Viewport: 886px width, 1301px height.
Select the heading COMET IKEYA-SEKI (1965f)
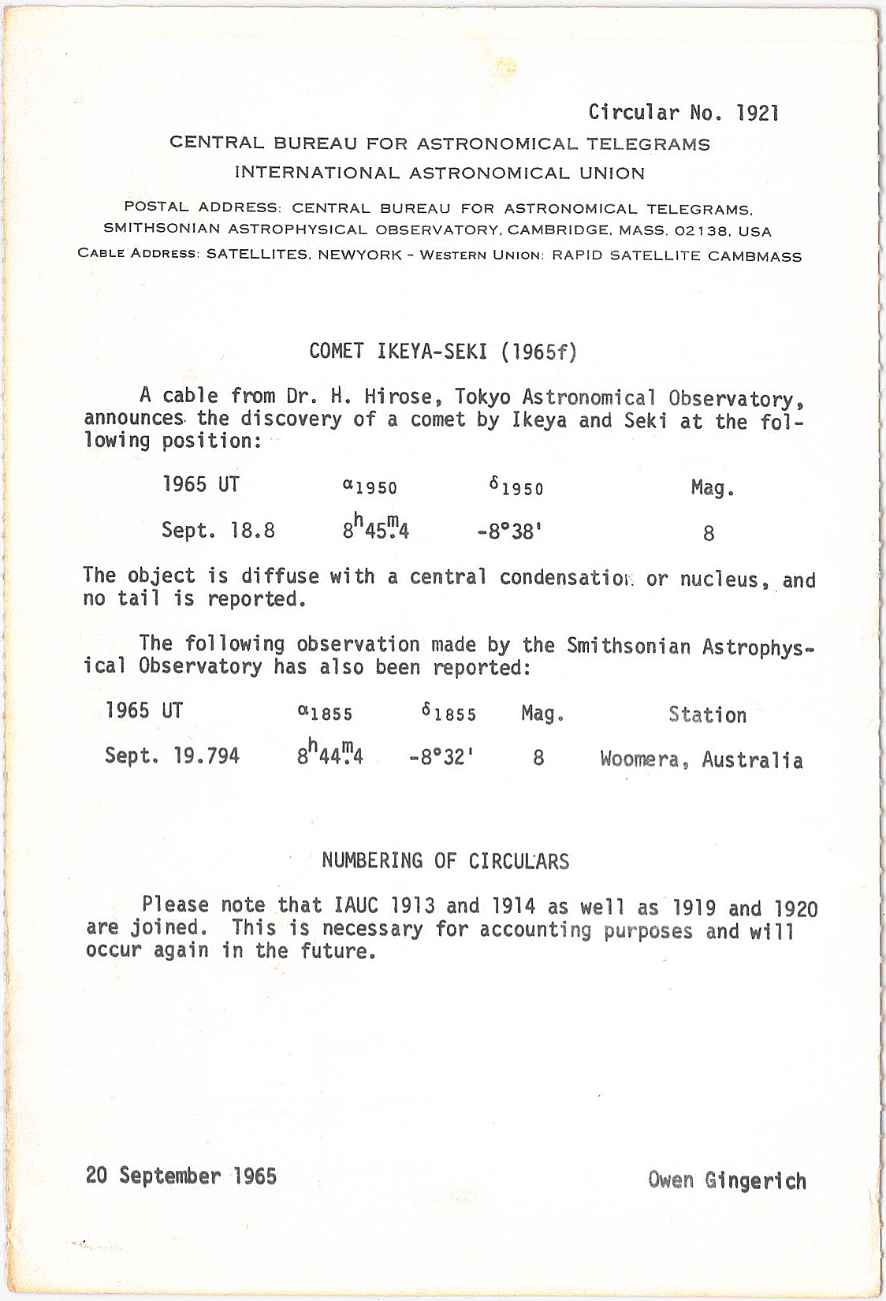click(x=443, y=351)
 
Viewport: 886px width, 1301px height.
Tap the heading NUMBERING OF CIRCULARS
click(x=445, y=860)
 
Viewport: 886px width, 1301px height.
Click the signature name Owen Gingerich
click(x=727, y=1180)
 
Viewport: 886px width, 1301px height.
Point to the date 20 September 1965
click(x=181, y=1176)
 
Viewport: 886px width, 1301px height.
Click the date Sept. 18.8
click(x=218, y=530)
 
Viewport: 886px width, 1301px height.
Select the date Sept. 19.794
click(x=172, y=756)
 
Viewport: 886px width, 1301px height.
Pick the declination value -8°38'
click(x=509, y=531)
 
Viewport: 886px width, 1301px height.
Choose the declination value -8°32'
click(x=441, y=758)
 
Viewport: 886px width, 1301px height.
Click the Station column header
click(x=707, y=715)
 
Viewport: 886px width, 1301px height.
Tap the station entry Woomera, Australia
click(x=701, y=760)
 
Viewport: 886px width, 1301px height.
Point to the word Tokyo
click(x=482, y=397)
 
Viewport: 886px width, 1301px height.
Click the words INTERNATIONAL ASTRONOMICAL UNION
click(x=439, y=173)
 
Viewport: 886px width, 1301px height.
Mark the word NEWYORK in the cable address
click(x=359, y=255)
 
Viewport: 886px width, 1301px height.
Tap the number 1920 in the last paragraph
click(x=795, y=909)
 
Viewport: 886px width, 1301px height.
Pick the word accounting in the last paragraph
click(x=535, y=930)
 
